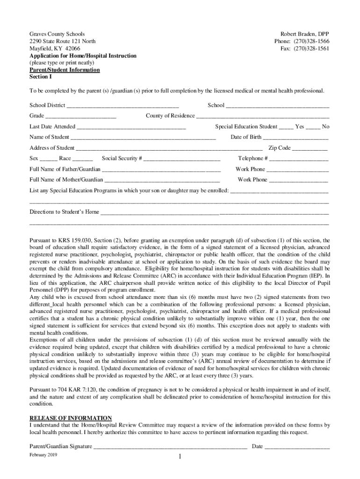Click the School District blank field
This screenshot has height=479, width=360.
[x=122, y=106]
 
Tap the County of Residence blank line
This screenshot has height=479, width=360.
[x=262, y=116]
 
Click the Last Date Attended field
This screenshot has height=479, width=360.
[x=131, y=127]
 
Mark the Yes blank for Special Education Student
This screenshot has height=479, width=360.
[x=286, y=127]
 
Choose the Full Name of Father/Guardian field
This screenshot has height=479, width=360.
[x=161, y=169]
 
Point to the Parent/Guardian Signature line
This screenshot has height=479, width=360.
[x=170, y=447]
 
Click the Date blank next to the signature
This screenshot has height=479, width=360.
[x=297, y=447]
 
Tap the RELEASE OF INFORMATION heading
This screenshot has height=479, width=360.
[x=71, y=418]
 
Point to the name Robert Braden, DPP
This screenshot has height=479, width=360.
[x=305, y=34]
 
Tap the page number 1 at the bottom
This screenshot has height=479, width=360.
[x=180, y=457]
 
